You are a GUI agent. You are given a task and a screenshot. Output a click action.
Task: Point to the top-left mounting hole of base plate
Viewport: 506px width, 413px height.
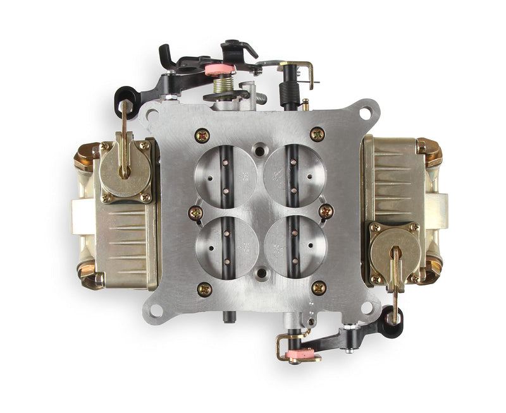pyautogui.click(x=152, y=114)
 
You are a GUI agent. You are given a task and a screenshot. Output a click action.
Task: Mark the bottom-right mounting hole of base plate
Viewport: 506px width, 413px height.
pyautogui.click(x=367, y=308)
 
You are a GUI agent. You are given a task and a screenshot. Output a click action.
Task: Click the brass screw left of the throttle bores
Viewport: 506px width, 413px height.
pyautogui.click(x=195, y=212)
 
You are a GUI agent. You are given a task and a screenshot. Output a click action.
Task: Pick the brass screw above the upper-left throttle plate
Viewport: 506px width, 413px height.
pyautogui.click(x=203, y=135)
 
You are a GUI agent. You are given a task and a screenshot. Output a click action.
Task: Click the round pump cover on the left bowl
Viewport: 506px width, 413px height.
pyautogui.click(x=125, y=169)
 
